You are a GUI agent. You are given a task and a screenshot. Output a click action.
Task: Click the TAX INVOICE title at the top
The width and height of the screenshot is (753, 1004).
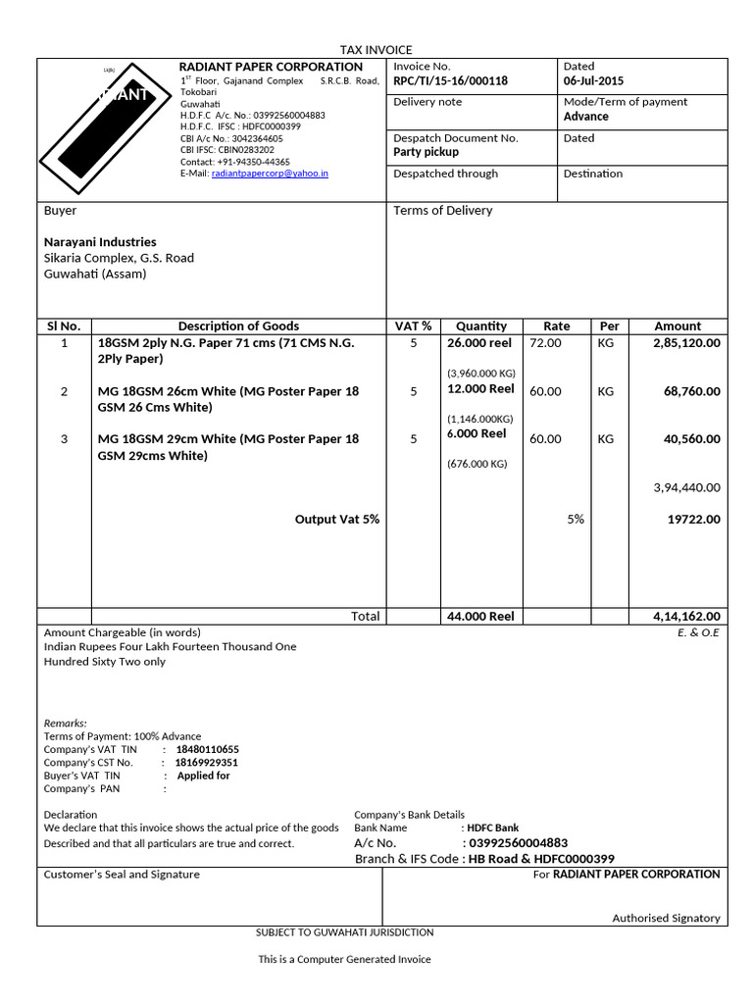[376, 49]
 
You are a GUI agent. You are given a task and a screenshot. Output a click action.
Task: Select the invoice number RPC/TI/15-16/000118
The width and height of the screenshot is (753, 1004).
[450, 81]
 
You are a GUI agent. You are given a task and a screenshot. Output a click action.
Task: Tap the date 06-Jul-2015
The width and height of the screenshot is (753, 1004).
[593, 81]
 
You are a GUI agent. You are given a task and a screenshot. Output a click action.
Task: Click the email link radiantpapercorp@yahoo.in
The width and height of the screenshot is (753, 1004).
[270, 173]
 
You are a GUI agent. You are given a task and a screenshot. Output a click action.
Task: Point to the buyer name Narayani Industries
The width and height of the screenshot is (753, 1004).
[100, 241]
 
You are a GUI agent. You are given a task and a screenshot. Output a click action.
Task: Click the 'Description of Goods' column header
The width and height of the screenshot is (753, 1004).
[238, 326]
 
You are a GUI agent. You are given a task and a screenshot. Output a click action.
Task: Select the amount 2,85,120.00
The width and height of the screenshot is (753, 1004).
[686, 343]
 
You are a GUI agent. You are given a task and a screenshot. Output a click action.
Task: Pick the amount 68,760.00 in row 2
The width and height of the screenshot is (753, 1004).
[691, 391]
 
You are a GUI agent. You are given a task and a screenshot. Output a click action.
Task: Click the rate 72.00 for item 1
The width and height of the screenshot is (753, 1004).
[545, 343]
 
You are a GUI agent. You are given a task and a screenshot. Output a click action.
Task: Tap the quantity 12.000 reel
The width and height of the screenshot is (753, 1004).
[479, 389]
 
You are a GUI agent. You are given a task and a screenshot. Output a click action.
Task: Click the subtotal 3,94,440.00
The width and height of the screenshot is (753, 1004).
[686, 487]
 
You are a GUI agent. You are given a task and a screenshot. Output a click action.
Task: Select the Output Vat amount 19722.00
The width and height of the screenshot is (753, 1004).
[693, 520]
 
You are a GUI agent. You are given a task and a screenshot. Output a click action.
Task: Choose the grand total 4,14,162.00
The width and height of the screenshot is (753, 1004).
[686, 617]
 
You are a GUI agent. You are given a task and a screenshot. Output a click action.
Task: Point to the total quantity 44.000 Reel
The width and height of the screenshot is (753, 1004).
[480, 617]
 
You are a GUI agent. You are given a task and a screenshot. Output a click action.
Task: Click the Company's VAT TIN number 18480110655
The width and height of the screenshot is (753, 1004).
[207, 750]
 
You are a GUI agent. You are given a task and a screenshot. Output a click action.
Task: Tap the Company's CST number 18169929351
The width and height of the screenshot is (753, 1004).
[206, 763]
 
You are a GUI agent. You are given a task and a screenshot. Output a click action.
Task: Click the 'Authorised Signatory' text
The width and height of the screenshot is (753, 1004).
[666, 918]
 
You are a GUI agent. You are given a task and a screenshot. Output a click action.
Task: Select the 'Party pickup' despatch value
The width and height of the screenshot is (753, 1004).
[426, 152]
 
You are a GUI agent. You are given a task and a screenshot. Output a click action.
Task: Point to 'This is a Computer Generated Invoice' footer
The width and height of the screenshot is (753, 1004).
[344, 959]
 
